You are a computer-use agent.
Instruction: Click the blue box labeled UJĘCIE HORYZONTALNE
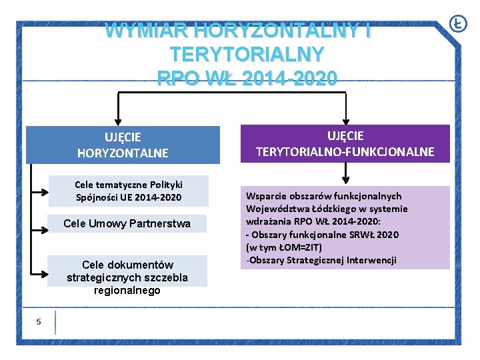tap(123, 145)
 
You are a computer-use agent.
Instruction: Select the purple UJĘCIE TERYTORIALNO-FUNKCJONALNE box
tap(345, 143)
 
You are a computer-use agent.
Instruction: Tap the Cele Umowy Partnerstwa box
tap(127, 224)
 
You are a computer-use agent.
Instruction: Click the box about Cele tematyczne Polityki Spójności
tap(129, 191)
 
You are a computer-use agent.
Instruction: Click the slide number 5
tap(39, 322)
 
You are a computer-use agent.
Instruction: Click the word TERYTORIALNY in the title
tap(247, 53)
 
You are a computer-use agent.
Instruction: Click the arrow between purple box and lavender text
tap(345, 175)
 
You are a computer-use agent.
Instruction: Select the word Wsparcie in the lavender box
tap(266, 196)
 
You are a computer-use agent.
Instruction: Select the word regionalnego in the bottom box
tap(127, 291)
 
